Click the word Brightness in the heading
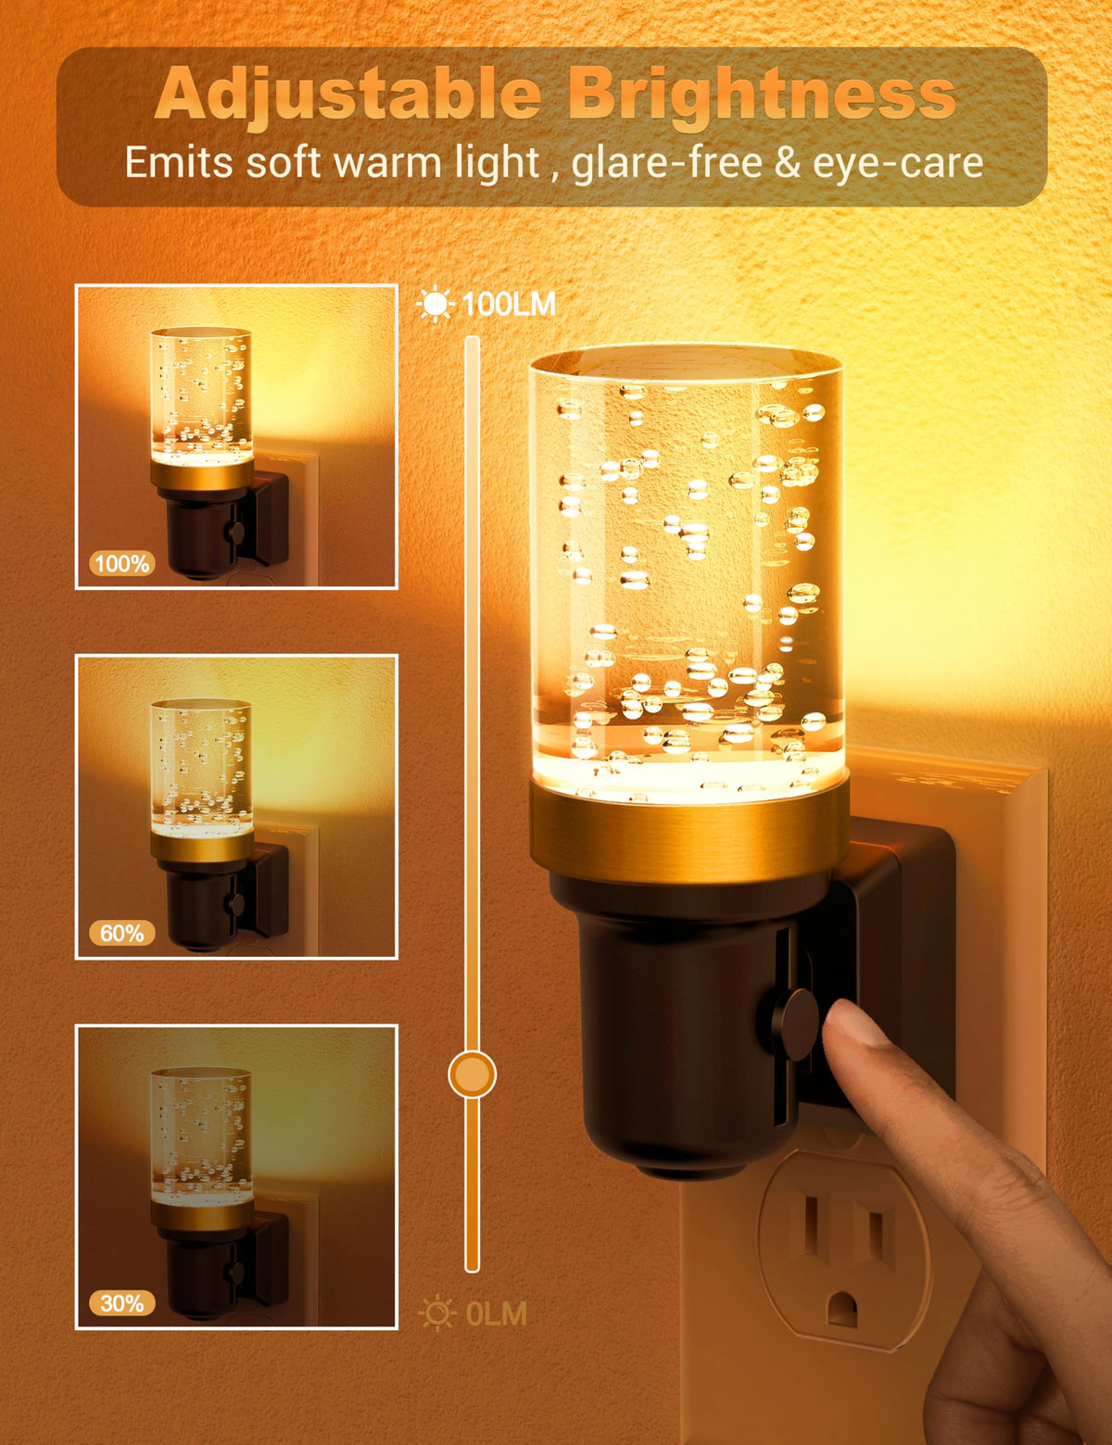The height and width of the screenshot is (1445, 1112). click(x=762, y=95)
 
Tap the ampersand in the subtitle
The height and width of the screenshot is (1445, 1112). click(x=788, y=163)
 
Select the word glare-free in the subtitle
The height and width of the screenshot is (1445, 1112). click(x=667, y=164)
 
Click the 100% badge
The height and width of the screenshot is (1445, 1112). click(x=121, y=564)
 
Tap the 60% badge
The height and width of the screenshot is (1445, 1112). click(x=121, y=933)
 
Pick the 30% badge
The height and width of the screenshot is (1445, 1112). click(x=121, y=1302)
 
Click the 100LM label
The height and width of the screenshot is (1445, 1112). click(x=509, y=305)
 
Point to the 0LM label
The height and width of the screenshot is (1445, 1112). click(x=496, y=1313)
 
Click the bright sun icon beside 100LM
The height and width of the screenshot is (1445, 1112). click(x=436, y=305)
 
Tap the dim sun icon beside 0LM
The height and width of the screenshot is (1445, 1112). click(x=437, y=1313)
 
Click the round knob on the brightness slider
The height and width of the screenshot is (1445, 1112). click(x=472, y=1074)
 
